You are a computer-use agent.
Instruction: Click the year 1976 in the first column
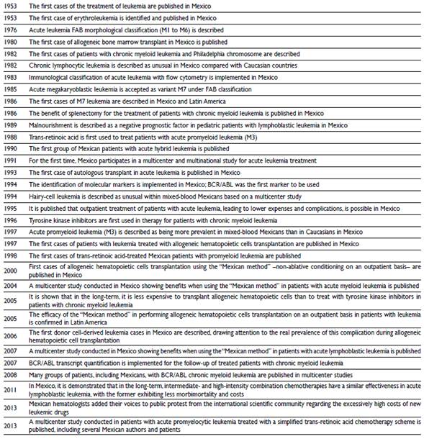[12, 30]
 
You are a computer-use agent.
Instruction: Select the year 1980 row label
[12, 41]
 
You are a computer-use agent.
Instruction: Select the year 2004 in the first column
[12, 285]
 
